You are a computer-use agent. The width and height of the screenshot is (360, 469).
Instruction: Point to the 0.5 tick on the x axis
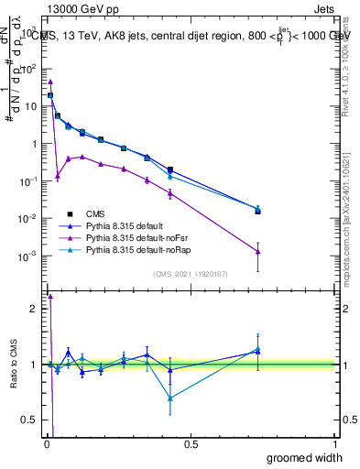pos(191,444)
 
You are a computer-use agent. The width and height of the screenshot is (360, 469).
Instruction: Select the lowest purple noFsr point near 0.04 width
pos(57,176)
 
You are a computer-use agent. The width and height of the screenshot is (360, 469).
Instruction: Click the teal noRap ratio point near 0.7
pos(170,398)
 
